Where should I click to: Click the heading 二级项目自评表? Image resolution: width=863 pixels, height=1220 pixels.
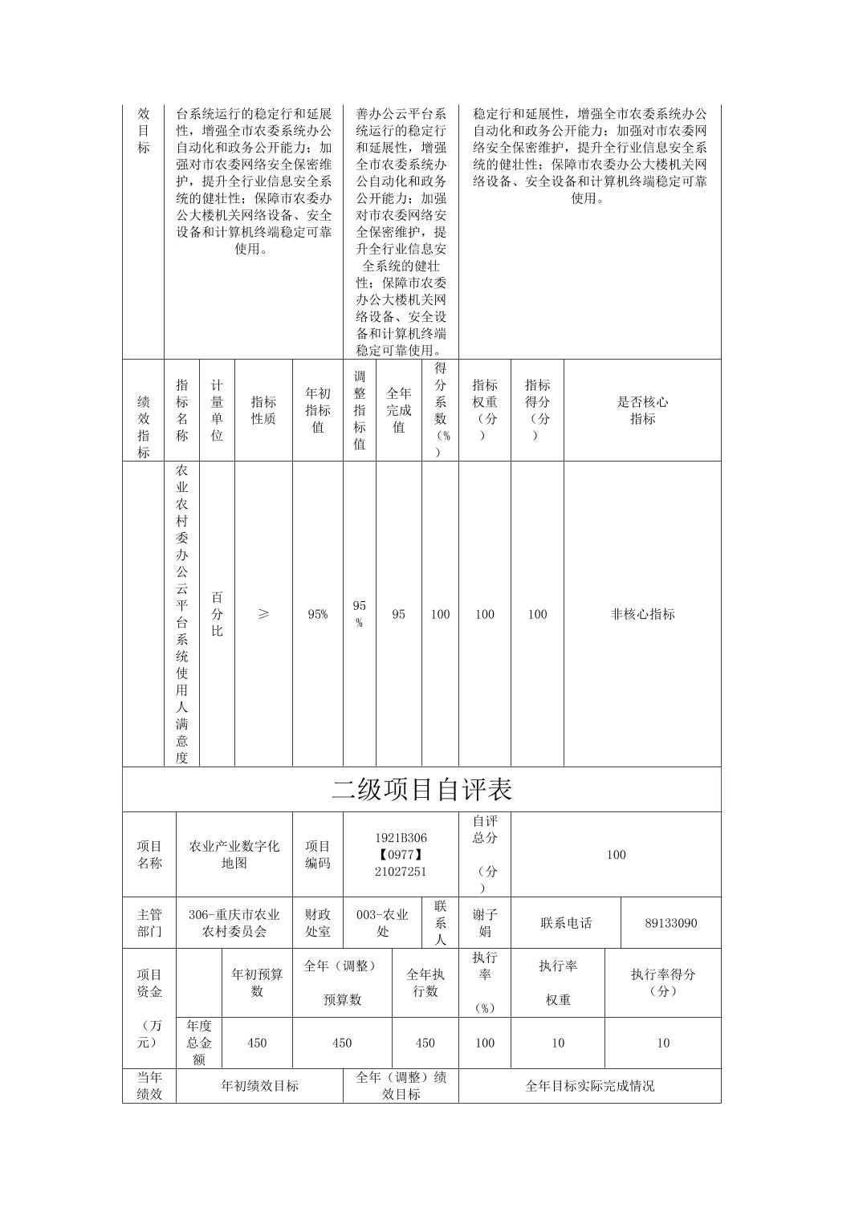(x=421, y=790)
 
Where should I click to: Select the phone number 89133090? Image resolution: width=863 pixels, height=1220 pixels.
(x=670, y=923)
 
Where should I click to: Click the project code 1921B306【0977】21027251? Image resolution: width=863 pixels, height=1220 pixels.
(x=401, y=855)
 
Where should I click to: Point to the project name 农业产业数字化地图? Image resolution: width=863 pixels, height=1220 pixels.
(x=234, y=855)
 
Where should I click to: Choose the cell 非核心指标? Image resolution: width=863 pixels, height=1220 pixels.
(x=642, y=614)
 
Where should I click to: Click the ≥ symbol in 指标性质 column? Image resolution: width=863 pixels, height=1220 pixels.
(x=263, y=614)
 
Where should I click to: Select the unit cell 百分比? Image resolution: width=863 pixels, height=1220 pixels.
(x=217, y=614)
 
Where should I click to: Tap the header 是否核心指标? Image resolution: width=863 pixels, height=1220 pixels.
(x=642, y=410)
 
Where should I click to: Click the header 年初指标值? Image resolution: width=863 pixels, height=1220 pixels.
(x=318, y=410)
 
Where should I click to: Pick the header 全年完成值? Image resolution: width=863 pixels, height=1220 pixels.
(x=399, y=410)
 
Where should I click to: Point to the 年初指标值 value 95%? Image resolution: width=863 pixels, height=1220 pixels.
(x=318, y=614)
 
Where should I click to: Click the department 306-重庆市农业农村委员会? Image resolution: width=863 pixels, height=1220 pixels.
(x=234, y=923)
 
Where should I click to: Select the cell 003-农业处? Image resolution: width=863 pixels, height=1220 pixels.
(x=382, y=923)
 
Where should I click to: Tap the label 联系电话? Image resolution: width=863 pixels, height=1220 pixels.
(x=566, y=923)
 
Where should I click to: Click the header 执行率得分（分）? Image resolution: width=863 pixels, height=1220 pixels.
(x=662, y=982)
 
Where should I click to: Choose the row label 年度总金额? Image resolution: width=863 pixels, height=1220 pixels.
(x=199, y=1043)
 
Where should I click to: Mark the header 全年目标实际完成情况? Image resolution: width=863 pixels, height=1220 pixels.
(x=589, y=1086)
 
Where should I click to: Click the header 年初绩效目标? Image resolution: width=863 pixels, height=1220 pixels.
(x=259, y=1086)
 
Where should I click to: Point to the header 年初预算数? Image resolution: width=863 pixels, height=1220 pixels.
(x=257, y=982)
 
